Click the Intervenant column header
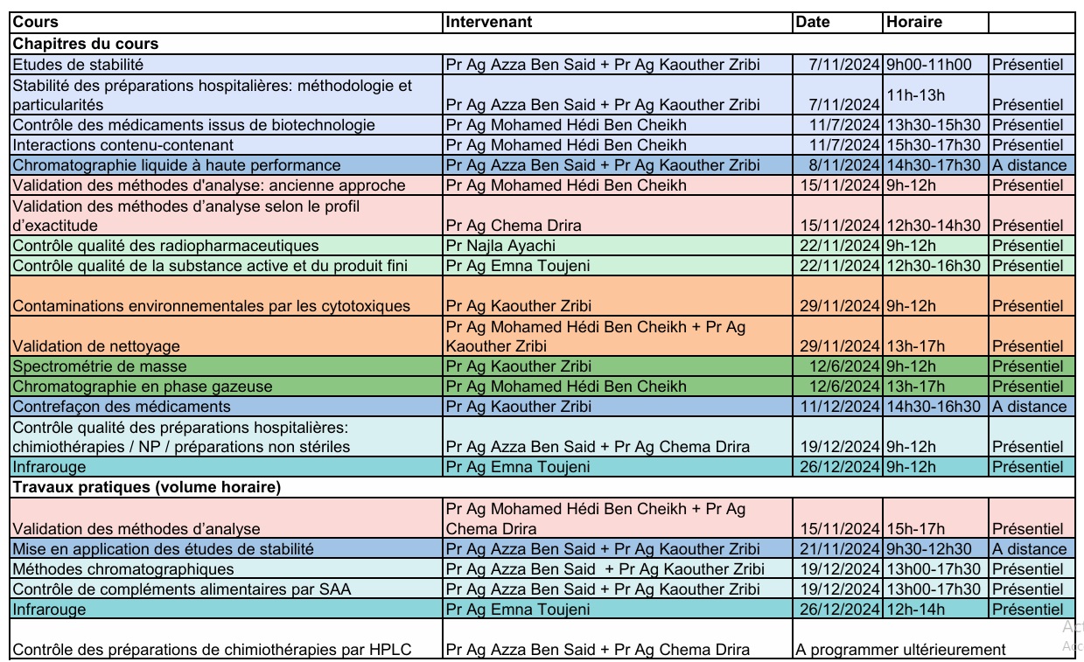pos(489,22)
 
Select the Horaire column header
pos(914,22)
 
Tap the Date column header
pos(813,22)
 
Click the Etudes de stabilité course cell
pos(78,64)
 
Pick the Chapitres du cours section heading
pos(85,43)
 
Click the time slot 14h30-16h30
pos(934,407)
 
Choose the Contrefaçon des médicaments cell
pos(122,407)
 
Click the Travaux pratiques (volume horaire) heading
pos(146,488)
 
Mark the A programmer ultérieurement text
pos(900,650)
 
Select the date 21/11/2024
pos(841,549)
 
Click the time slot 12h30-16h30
pos(934,266)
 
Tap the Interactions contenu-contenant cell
pos(123,145)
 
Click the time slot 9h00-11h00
pos(929,64)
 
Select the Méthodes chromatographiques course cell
pos(111,569)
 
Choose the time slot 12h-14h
pos(914,610)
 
